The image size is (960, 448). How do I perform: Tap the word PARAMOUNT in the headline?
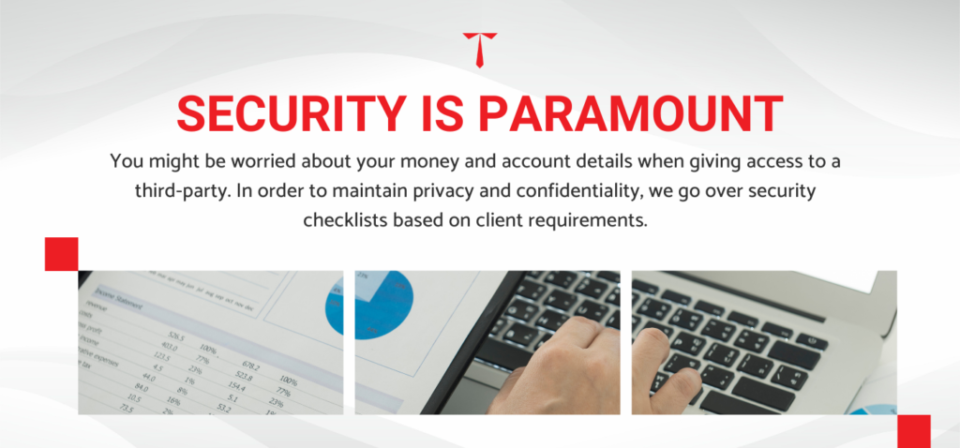(629, 113)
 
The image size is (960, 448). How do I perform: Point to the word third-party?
(183, 191)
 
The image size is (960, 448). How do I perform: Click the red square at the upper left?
(61, 254)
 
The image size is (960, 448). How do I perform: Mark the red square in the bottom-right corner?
(913, 430)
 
